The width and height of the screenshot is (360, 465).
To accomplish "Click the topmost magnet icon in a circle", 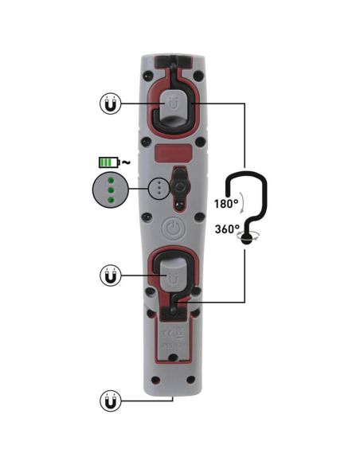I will (x=111, y=103).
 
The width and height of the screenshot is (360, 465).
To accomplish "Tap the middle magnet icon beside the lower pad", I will (x=111, y=276).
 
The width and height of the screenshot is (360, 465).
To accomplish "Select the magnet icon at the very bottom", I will (x=111, y=400).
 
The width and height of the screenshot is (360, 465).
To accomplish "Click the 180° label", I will (x=226, y=204).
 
